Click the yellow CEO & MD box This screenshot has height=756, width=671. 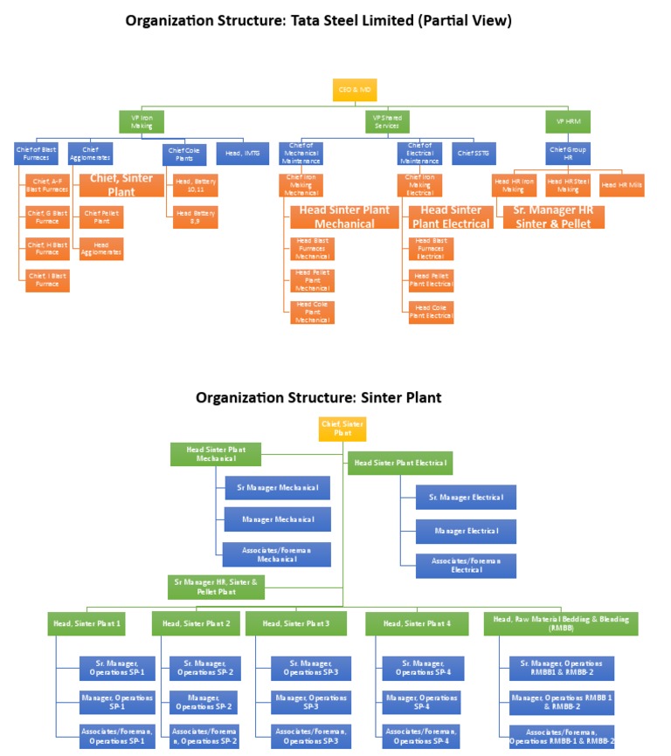[x=349, y=89]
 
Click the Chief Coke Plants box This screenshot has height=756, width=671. [x=185, y=154]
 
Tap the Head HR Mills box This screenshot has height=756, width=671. [x=621, y=185]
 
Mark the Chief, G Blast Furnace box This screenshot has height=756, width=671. [x=46, y=216]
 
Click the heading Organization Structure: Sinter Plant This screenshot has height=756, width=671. [x=318, y=397]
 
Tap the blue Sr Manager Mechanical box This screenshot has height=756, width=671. [x=277, y=488]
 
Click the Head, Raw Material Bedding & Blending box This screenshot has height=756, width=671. [x=561, y=623]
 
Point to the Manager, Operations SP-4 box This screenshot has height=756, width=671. [x=422, y=703]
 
